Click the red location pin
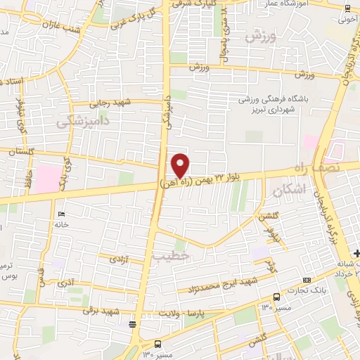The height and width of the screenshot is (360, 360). (181, 165)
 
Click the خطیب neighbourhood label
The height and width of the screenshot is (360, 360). (176, 257)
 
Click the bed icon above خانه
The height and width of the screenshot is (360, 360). (61, 214)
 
